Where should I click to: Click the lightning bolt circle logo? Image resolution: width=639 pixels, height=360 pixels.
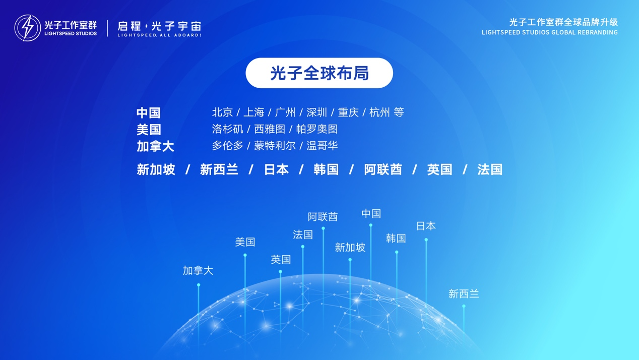[28, 28]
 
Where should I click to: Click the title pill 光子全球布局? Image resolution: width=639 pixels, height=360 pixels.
[319, 73]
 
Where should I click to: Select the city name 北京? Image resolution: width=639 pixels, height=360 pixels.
[223, 112]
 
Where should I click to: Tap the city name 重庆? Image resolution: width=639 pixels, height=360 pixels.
[348, 112]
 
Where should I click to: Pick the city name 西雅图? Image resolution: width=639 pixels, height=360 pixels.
[270, 129]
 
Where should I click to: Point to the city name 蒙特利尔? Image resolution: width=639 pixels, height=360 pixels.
[275, 146]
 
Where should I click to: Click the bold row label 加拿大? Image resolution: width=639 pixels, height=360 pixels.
[155, 146]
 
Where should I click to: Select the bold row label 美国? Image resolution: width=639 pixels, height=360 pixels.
[149, 129]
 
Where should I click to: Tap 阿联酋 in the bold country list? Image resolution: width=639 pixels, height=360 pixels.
[383, 169]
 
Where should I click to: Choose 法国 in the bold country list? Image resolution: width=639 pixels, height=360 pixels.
[490, 169]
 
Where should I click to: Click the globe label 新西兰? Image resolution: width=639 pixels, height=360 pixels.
[464, 294]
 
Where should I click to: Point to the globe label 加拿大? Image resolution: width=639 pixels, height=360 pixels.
[198, 270]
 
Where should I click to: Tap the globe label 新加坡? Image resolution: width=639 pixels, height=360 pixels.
[350, 247]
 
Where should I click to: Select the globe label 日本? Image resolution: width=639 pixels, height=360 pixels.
[426, 226]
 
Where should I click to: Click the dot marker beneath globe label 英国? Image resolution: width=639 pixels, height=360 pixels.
[280, 272]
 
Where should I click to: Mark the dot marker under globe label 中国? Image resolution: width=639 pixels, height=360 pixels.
[370, 225]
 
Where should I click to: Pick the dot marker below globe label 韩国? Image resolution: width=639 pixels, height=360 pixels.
[397, 252]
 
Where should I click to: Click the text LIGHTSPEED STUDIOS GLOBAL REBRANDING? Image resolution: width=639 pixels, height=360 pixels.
[550, 33]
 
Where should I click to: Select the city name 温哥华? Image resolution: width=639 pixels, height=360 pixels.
[322, 146]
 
